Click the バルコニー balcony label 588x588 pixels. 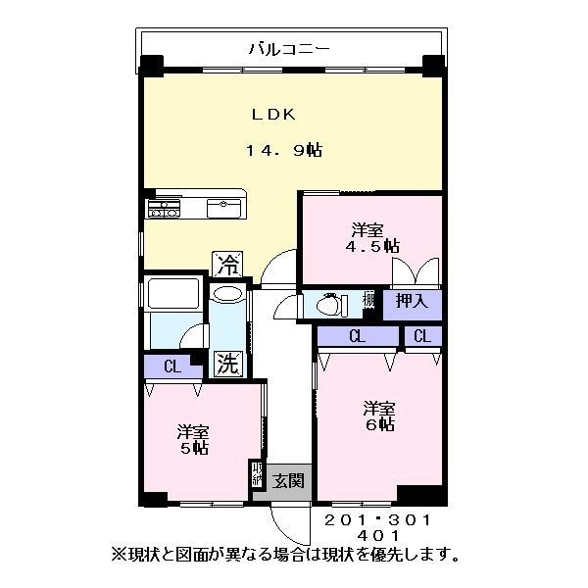coord(289,46)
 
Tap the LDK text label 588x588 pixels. coord(273,114)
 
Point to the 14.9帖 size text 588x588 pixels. coord(284,150)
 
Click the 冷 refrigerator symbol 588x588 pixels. coord(227,264)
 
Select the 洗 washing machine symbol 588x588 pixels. coord(227,365)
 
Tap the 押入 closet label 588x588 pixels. coord(412,302)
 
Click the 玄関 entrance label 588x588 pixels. coord(288,480)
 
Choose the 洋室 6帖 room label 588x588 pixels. coord(380,416)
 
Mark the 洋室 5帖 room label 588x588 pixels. coord(193,439)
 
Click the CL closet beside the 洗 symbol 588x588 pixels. coord(172,367)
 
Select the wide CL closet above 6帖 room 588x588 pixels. coord(356,336)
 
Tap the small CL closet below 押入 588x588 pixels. coord(422,336)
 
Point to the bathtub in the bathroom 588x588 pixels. coord(172,293)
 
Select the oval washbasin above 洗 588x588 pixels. coord(227,294)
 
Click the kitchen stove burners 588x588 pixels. coord(163,209)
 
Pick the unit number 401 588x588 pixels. coord(377,536)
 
